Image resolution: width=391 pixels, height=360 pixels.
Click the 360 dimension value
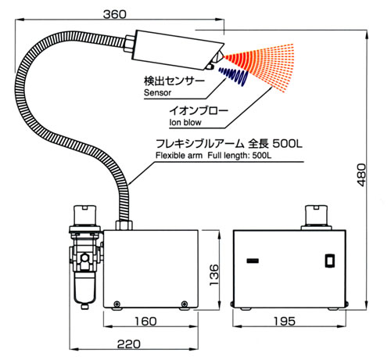click(x=114, y=14)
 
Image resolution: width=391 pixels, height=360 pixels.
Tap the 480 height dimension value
click(x=361, y=175)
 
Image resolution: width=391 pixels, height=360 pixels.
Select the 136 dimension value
click(x=214, y=275)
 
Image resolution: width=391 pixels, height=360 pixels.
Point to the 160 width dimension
click(x=145, y=321)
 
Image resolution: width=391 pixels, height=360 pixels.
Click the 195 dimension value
click(x=285, y=321)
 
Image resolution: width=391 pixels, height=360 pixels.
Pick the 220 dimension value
click(x=129, y=344)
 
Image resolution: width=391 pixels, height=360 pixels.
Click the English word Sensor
click(x=157, y=92)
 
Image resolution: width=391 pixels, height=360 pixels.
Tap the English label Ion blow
click(x=185, y=122)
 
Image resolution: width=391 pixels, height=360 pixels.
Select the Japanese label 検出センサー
click(x=174, y=81)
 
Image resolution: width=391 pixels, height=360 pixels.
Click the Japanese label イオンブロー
click(x=199, y=111)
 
